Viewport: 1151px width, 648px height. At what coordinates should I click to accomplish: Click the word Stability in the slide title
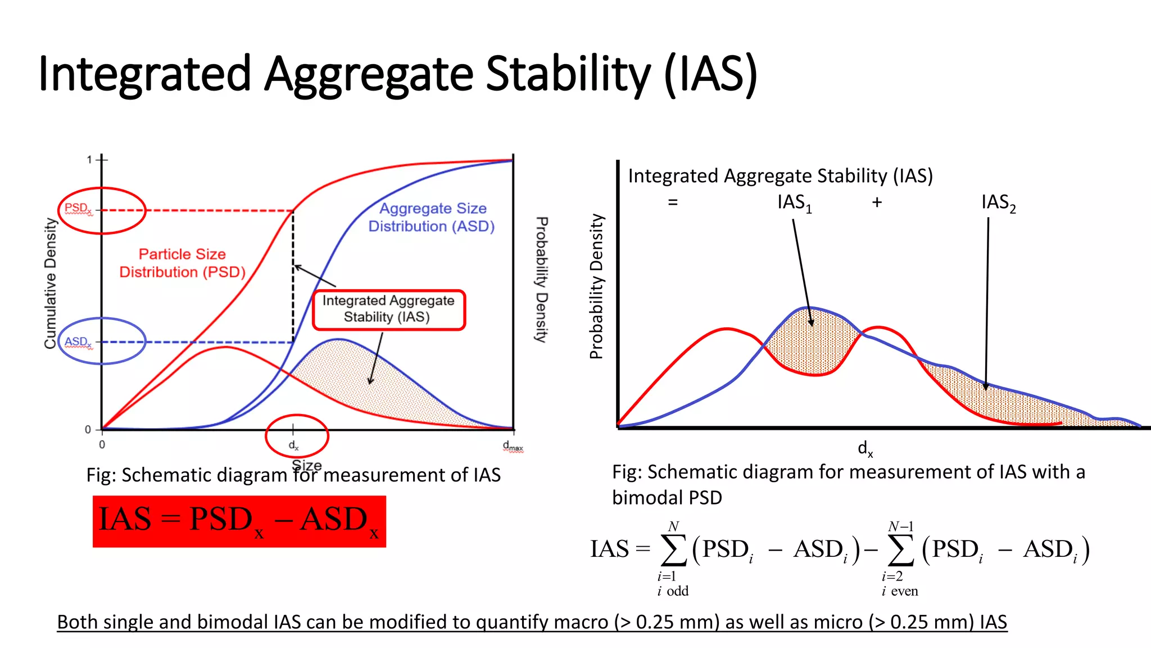pyautogui.click(x=568, y=74)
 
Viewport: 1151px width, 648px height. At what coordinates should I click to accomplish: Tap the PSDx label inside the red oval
pyautogui.click(x=78, y=209)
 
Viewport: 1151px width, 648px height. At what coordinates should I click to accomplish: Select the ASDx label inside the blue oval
pyautogui.click(x=78, y=341)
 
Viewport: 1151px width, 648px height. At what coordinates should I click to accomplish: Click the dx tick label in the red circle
pyautogui.click(x=294, y=445)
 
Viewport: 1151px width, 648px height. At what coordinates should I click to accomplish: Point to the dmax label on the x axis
pyautogui.click(x=513, y=447)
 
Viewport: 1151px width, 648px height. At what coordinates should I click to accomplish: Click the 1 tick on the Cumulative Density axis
pyautogui.click(x=89, y=160)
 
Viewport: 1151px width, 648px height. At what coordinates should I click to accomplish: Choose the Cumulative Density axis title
pyautogui.click(x=51, y=283)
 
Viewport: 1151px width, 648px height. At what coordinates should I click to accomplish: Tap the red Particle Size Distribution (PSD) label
pyautogui.click(x=183, y=263)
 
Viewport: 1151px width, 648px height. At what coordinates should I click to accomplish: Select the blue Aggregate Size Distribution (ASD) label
pyautogui.click(x=432, y=217)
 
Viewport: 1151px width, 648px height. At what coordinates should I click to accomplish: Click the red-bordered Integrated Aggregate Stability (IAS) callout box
pyautogui.click(x=388, y=309)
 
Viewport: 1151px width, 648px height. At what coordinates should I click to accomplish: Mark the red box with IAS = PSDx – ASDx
pyautogui.click(x=239, y=521)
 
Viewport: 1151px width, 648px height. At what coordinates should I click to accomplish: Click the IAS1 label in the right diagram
pyautogui.click(x=794, y=202)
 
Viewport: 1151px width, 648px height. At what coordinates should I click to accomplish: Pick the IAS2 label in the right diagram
pyautogui.click(x=998, y=202)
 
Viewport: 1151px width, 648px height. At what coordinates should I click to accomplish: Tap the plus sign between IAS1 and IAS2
pyautogui.click(x=877, y=202)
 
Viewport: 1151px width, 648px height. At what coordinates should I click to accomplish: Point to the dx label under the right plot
pyautogui.click(x=865, y=448)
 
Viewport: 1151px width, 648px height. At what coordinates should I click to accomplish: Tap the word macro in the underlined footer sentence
pyautogui.click(x=583, y=622)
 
